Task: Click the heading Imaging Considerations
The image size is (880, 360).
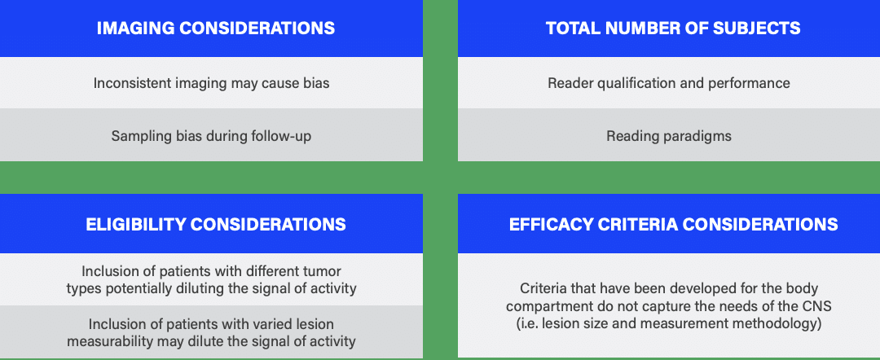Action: (x=216, y=28)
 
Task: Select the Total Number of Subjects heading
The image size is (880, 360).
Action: (x=674, y=28)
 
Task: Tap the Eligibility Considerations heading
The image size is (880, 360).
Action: (x=216, y=225)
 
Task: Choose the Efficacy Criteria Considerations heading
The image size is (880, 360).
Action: (x=674, y=225)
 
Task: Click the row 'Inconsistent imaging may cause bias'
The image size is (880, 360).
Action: (x=211, y=83)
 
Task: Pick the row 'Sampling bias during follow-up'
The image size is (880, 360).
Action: (x=211, y=136)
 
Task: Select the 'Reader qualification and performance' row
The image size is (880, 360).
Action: (x=669, y=83)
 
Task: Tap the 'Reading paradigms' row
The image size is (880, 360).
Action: (x=669, y=136)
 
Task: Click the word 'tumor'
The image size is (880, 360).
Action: (x=324, y=272)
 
